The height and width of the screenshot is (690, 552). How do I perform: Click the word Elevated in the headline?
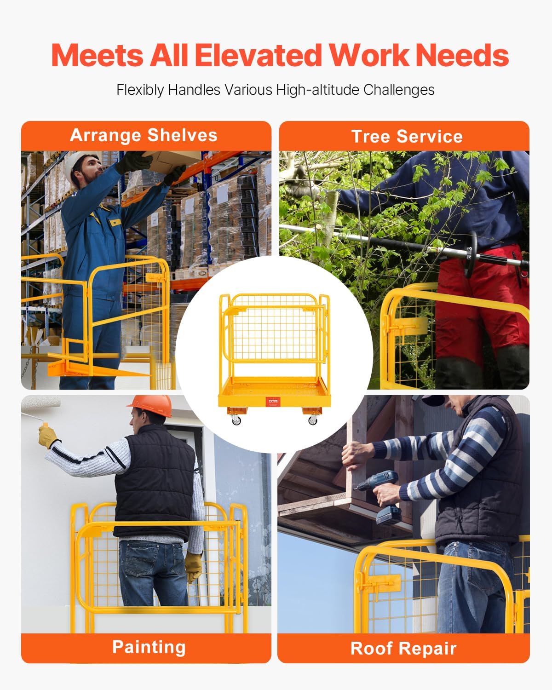click(258, 55)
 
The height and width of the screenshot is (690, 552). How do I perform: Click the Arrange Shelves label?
click(144, 135)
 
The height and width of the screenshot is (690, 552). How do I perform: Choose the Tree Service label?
click(407, 137)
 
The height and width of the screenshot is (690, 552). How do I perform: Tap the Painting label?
click(149, 647)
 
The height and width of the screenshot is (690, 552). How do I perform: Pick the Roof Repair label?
click(403, 648)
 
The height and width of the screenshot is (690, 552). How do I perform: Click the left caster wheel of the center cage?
click(236, 420)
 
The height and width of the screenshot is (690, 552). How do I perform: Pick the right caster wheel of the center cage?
click(313, 420)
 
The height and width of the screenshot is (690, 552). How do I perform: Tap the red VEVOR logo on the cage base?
click(273, 402)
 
